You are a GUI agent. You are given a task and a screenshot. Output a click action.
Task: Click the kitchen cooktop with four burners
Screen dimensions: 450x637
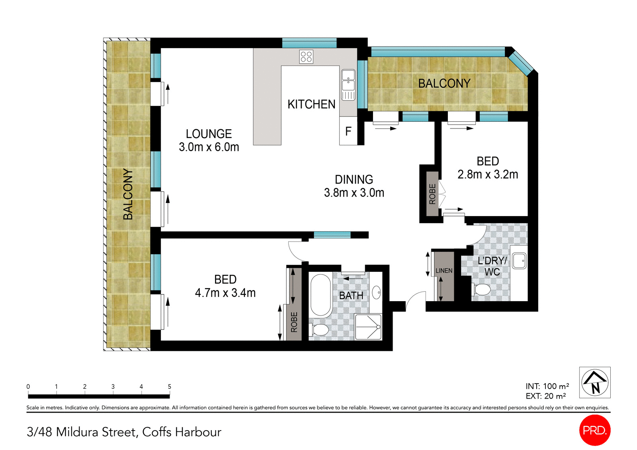pos(306,56)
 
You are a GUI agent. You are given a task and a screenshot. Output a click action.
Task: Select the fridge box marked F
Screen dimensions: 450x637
pos(348,131)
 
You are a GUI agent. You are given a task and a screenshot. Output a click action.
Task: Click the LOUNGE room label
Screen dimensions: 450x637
pos(209,134)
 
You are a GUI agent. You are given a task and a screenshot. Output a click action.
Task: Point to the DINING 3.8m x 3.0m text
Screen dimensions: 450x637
pos(354,186)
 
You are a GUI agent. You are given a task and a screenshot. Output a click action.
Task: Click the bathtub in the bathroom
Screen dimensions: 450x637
pos(320,294)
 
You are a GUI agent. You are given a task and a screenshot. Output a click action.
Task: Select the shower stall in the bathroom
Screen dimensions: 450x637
pos(368,327)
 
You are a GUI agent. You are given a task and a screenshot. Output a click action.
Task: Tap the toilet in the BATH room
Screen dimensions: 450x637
pos(319,329)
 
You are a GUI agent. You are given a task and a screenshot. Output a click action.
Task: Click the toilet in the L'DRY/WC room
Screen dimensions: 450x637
pos(482,289)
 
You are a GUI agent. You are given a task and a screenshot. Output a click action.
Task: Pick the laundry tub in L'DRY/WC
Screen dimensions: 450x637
pos(519,261)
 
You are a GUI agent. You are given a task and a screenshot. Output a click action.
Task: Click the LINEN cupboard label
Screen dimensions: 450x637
pos(444,271)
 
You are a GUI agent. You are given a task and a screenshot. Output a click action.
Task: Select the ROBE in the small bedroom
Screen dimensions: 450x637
pos(432,194)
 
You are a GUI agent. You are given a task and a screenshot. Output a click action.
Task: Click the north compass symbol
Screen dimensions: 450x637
pos(595,382)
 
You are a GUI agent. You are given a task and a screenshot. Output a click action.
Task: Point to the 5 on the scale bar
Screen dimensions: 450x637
pos(169,386)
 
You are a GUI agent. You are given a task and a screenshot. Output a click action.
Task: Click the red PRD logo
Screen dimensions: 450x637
pos(594,430)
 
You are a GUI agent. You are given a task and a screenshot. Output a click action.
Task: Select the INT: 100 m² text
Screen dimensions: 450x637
pos(547,386)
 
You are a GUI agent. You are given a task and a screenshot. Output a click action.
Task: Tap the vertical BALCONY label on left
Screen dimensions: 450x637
pos(128,194)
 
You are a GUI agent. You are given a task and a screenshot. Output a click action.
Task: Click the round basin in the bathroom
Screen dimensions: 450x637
pos(376,292)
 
